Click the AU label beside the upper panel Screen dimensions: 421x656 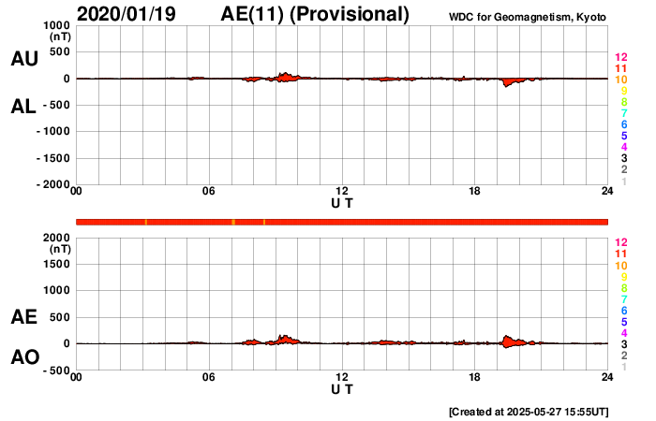(23, 59)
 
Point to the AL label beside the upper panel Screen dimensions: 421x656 (23, 107)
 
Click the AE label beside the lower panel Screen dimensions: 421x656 (23, 317)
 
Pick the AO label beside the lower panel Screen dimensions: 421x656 (23, 357)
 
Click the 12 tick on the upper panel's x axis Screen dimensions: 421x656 (342, 192)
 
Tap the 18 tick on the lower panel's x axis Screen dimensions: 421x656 (475, 377)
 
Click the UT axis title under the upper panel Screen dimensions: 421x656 (342, 203)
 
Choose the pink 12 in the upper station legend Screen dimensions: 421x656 (620, 58)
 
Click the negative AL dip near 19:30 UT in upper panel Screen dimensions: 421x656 (507, 84)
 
